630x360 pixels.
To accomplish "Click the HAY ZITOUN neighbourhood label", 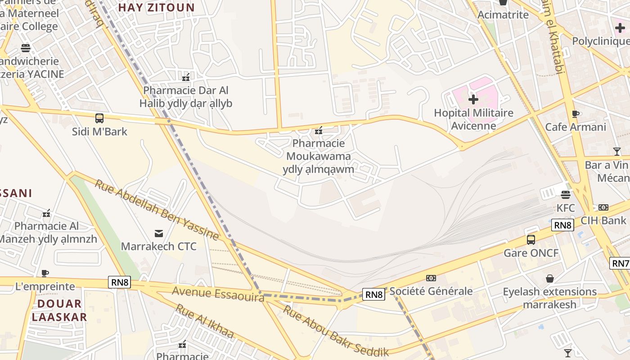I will [x=156, y=8].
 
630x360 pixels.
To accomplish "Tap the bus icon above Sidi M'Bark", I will [x=99, y=118].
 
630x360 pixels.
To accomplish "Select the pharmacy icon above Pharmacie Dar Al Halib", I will [x=186, y=77].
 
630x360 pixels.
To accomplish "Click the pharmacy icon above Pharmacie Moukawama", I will [x=319, y=131].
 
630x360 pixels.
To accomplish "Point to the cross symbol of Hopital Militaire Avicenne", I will [x=473, y=99].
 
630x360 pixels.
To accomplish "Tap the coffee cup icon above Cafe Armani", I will [x=575, y=114].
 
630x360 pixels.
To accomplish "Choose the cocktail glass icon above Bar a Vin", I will [x=616, y=152].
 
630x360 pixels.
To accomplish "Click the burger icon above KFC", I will [x=566, y=195].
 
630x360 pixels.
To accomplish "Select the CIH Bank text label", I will [x=603, y=220].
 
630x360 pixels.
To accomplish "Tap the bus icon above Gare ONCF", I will [x=531, y=239].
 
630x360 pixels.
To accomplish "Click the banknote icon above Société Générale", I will [x=431, y=278].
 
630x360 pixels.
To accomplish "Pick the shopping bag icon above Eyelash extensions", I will [x=549, y=279].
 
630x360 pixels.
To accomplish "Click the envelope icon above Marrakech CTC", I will [x=158, y=234].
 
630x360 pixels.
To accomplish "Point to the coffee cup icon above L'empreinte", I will [x=45, y=273].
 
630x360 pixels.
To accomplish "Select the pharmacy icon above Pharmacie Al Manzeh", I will [x=46, y=213].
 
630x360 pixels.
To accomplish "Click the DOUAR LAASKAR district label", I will [x=59, y=310].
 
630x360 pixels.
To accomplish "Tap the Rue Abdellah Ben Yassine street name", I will [x=157, y=209].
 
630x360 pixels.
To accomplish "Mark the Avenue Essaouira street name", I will [x=218, y=294].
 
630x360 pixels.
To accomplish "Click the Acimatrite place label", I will [x=503, y=15].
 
